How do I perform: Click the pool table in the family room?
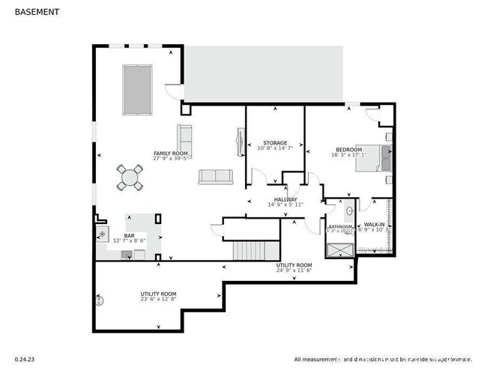click(x=137, y=89)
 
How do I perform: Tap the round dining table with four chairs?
click(x=130, y=178)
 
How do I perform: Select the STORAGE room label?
click(x=275, y=142)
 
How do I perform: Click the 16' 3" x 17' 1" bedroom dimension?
click(x=349, y=155)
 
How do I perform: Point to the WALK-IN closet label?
click(x=375, y=224)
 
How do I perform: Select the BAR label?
click(x=128, y=236)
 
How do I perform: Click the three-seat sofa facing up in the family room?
click(x=216, y=177)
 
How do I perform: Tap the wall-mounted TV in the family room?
click(x=240, y=142)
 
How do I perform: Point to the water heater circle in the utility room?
click(x=100, y=301)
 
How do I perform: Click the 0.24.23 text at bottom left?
click(x=25, y=359)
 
